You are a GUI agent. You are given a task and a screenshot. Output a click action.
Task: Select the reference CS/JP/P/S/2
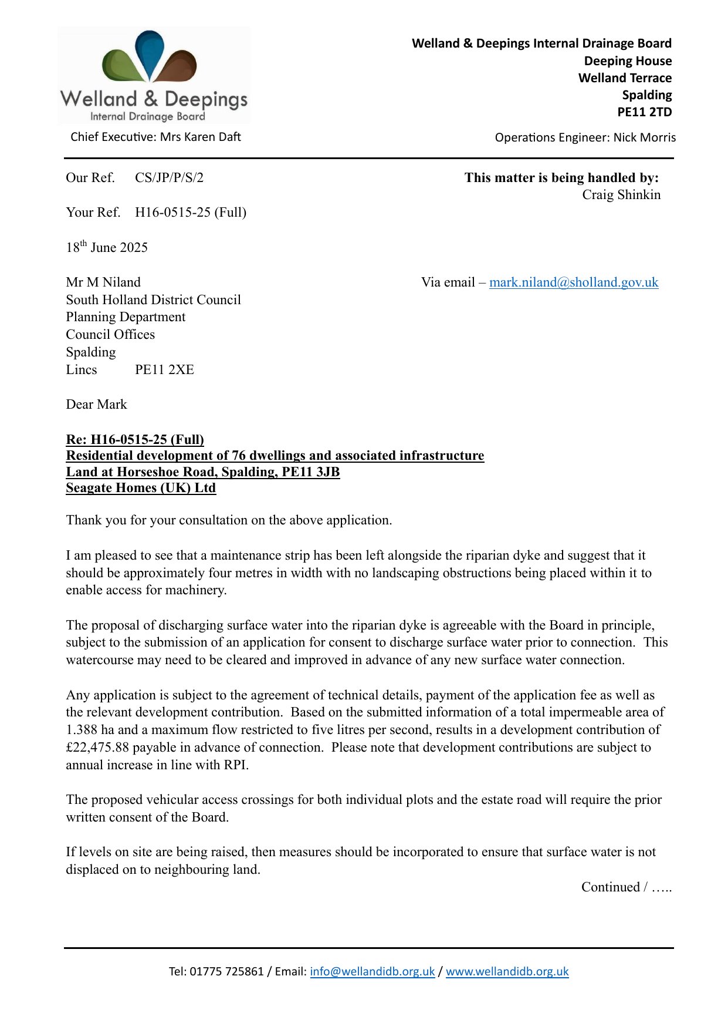[169, 178]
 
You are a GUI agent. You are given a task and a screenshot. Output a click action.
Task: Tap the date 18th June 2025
[107, 247]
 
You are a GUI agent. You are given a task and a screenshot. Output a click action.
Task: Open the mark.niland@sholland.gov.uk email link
[573, 282]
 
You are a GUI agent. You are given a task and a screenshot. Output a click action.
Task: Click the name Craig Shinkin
[621, 195]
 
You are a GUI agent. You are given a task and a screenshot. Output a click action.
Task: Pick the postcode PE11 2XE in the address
[164, 370]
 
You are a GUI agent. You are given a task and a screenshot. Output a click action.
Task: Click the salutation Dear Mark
[96, 405]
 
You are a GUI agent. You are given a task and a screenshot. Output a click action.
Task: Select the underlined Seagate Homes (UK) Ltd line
[141, 488]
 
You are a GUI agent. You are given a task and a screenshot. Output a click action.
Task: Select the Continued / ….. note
[626, 887]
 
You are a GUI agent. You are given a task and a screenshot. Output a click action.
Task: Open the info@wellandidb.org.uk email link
[372, 971]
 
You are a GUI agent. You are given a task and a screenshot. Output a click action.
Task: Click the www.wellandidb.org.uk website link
[507, 971]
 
